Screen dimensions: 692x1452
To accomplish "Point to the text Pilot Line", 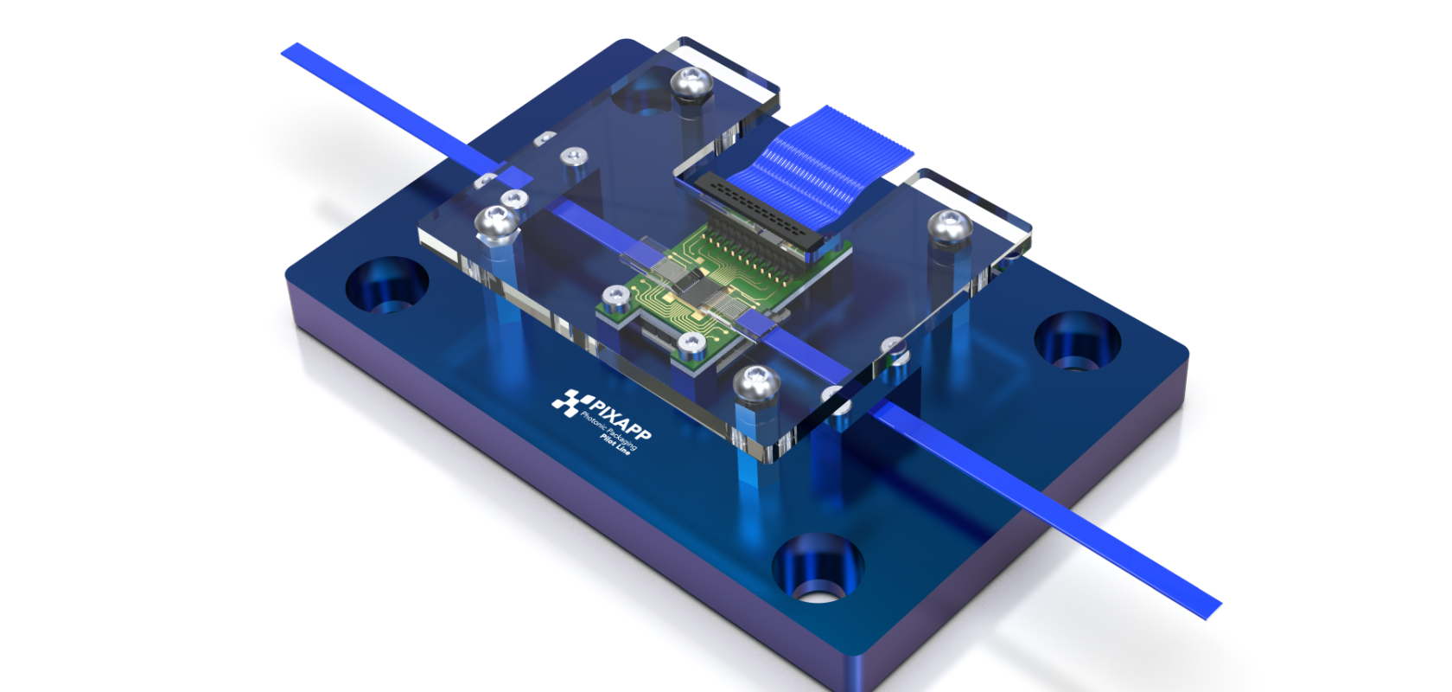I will point(615,445).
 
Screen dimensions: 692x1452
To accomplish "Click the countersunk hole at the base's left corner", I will point(386,284).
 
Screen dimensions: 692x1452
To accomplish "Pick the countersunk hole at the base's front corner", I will point(817,566).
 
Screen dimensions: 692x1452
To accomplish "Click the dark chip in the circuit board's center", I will point(691,282).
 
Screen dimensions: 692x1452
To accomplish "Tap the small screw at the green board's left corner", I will point(615,296).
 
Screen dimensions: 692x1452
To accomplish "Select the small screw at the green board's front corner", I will point(691,343).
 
